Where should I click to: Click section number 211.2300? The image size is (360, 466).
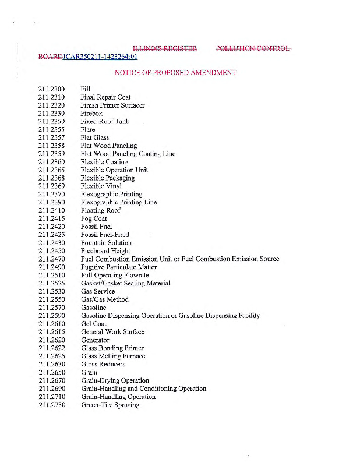click(x=51, y=89)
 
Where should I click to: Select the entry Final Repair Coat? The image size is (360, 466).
click(x=105, y=97)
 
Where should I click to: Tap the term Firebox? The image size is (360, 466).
click(x=91, y=114)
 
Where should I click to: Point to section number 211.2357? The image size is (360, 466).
click(x=51, y=138)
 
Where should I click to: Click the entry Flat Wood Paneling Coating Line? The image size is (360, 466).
click(x=128, y=154)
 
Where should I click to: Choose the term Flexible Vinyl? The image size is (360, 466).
click(x=101, y=186)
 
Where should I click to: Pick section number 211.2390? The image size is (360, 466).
click(x=51, y=203)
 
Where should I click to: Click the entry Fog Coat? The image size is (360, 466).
click(x=94, y=218)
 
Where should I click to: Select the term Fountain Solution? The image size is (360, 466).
click(x=106, y=243)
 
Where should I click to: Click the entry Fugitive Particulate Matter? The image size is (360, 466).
click(x=119, y=267)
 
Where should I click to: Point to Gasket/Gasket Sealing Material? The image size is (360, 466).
click(x=125, y=283)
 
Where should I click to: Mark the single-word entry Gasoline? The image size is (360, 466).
click(x=93, y=308)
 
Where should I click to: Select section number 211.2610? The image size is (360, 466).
click(x=51, y=324)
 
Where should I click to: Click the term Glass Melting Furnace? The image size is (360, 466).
click(x=113, y=356)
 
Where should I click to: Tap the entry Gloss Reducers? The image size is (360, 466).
click(x=103, y=364)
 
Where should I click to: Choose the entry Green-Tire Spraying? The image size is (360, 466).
click(x=110, y=405)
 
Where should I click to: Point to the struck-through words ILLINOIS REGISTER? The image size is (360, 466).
click(x=165, y=48)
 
